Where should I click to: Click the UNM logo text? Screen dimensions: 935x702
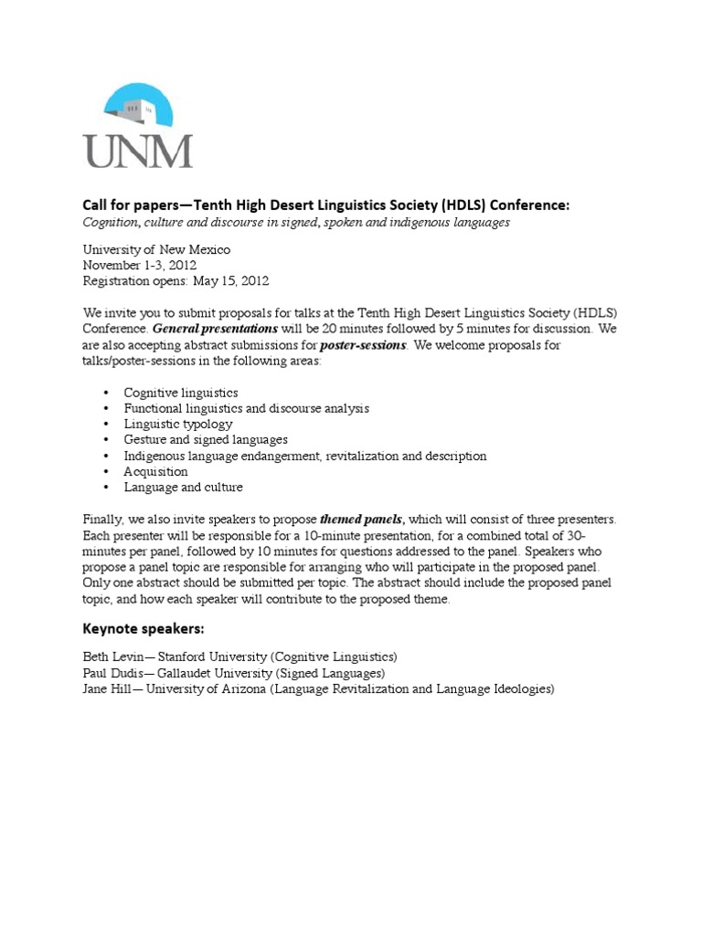click(x=138, y=149)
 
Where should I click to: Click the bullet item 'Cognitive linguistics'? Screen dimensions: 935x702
click(x=181, y=392)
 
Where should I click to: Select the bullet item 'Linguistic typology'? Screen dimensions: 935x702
click(x=178, y=424)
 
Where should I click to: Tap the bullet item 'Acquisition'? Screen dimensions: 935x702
click(x=156, y=471)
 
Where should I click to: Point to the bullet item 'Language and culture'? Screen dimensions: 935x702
click(x=184, y=488)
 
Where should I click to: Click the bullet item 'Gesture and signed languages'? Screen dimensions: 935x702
click(x=206, y=439)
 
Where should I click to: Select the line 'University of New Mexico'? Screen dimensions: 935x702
click(x=156, y=249)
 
